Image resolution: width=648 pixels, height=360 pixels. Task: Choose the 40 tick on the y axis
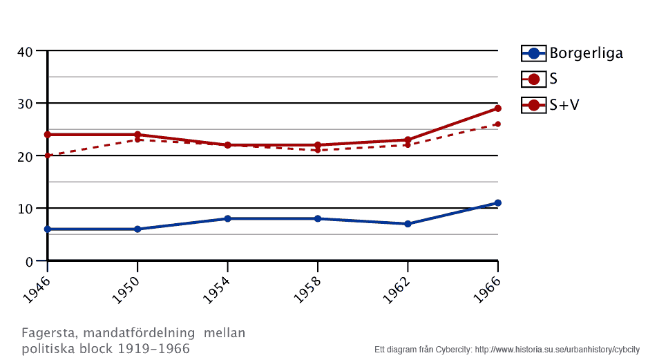[x=26, y=51]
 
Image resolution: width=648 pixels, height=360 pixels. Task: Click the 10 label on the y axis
[x=26, y=209]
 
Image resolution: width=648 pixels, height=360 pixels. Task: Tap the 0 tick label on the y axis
[x=29, y=261]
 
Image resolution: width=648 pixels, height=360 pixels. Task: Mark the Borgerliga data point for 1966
[x=497, y=203]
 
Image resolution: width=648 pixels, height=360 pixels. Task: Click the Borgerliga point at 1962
[x=408, y=224]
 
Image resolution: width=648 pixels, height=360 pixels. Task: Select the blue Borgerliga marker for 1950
[x=137, y=229]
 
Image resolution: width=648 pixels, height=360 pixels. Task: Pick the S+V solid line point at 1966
[x=497, y=108]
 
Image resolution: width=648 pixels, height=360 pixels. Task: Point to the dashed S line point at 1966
[x=497, y=124]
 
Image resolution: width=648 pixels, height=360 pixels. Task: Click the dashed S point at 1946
[x=48, y=155]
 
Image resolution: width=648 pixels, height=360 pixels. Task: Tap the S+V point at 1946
[x=48, y=135]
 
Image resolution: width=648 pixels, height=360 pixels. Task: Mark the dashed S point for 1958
[x=317, y=150]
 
